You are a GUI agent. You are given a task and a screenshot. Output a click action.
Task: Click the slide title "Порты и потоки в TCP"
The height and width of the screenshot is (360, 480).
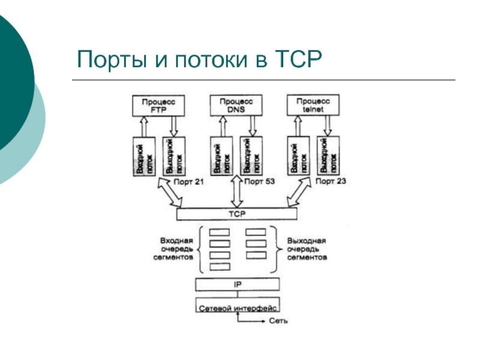(200, 60)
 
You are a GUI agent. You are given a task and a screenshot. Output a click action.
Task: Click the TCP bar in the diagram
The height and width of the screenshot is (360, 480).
(237, 214)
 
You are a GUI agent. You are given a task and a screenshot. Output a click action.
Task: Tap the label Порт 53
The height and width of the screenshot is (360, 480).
(260, 181)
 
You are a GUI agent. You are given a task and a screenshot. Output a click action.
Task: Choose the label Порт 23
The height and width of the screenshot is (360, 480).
(331, 181)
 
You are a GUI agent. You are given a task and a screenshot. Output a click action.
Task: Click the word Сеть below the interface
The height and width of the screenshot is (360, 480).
(278, 320)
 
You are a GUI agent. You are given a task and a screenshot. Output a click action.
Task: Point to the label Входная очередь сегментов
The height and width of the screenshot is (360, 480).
(176, 247)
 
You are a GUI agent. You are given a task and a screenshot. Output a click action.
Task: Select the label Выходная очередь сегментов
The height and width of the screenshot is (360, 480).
(307, 247)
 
